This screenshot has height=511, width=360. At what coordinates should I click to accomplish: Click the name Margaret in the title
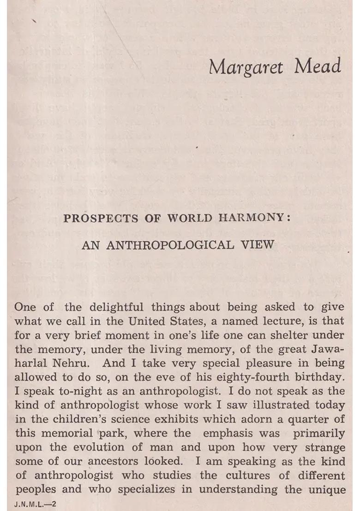[246, 67]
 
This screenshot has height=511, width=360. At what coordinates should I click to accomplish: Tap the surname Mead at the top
[318, 66]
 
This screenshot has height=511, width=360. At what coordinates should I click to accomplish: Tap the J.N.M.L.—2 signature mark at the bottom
[35, 504]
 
